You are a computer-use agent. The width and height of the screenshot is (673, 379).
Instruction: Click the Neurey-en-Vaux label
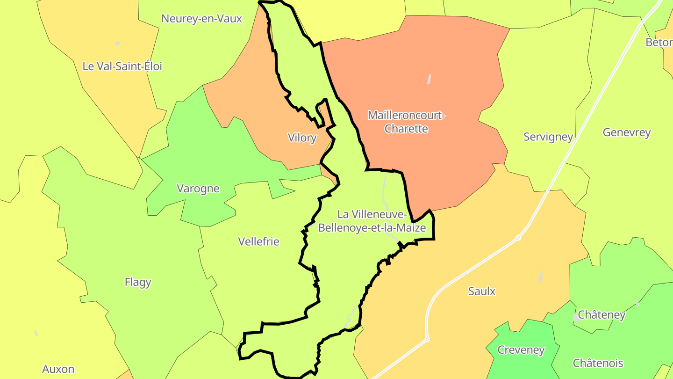point(201,19)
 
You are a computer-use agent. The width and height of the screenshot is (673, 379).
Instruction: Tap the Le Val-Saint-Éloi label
point(122,66)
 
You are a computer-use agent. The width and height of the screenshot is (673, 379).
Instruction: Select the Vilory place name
point(302,138)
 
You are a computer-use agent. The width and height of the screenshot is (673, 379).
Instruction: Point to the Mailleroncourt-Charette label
point(406,122)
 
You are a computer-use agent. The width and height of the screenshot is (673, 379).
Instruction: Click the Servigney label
point(548,137)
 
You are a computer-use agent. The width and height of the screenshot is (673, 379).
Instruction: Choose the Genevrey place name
point(627,132)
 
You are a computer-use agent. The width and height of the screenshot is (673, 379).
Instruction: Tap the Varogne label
point(198,189)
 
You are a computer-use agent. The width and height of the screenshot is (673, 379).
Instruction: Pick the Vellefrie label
point(258,241)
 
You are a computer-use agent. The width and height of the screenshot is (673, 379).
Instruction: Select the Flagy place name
point(138,282)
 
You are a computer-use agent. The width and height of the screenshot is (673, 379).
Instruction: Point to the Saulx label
point(482,292)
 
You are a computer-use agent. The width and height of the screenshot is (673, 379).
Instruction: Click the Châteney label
point(601,314)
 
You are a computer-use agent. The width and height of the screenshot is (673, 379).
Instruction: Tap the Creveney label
point(521,350)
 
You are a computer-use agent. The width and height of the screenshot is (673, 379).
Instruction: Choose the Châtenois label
point(598,363)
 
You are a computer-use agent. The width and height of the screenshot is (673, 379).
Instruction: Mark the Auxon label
point(58,369)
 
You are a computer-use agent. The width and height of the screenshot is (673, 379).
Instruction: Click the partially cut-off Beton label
point(659,43)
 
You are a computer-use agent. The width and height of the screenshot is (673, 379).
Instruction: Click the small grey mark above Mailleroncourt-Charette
point(429,79)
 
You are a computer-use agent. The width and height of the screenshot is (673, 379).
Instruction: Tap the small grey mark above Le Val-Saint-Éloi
point(118,44)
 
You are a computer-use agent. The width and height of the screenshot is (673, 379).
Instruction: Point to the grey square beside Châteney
point(575,318)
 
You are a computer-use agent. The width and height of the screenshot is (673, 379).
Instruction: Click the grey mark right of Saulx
point(541,276)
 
